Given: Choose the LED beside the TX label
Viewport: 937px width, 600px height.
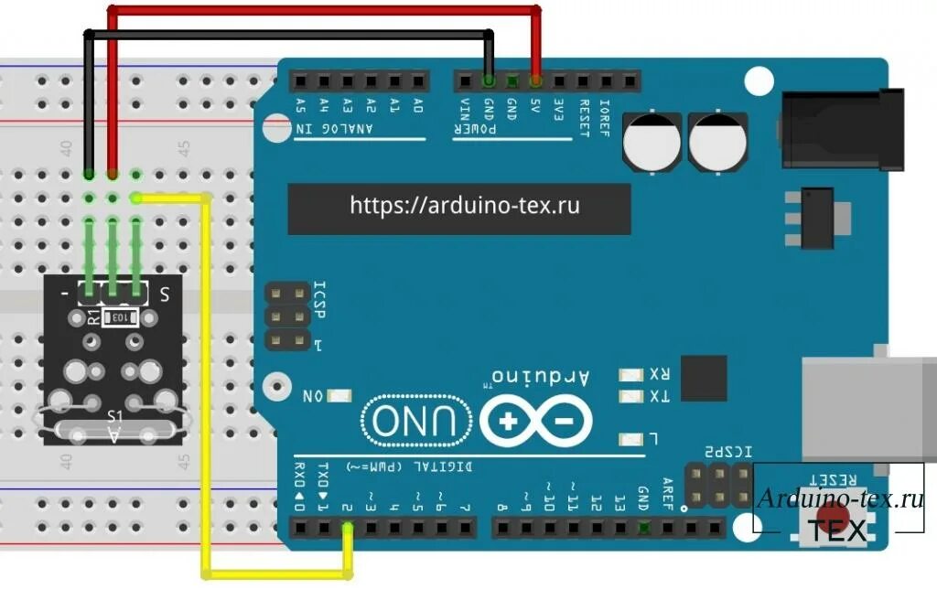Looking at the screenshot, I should click(630, 397).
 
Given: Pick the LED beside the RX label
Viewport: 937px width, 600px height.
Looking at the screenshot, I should click(630, 374).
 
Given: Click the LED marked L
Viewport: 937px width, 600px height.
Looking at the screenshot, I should click(630, 438).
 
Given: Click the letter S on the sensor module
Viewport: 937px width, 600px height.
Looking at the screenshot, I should click(165, 295).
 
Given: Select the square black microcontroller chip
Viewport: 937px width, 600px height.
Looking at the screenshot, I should click(704, 378).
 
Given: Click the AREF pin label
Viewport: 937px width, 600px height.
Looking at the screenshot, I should click(667, 494).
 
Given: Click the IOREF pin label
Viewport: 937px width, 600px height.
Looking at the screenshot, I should click(604, 117).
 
